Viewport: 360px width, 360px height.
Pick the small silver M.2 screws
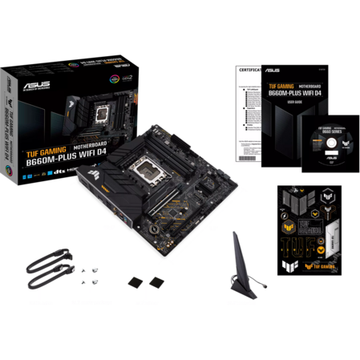tap(83, 274)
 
